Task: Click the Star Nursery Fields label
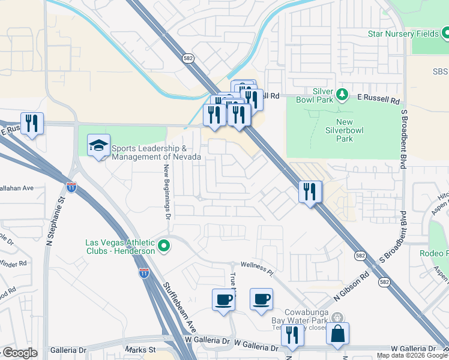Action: tap(403, 34)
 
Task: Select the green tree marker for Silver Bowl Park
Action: tap(342, 94)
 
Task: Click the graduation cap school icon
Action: tap(99, 146)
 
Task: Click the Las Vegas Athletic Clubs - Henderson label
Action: tap(120, 247)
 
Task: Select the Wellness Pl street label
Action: tap(258, 268)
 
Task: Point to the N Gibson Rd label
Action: tap(351, 287)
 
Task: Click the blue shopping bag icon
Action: tap(338, 334)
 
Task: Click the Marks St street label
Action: tap(140, 349)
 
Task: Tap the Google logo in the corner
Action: tap(20, 353)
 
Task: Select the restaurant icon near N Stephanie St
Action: tap(32, 124)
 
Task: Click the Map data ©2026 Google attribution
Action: tap(412, 356)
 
